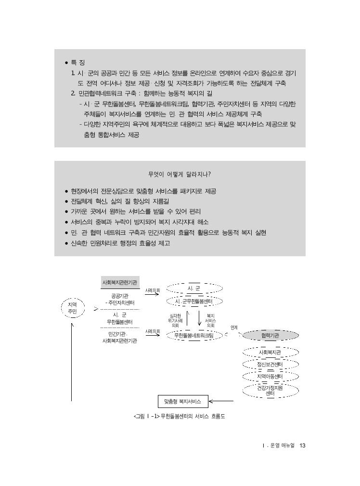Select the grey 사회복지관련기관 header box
[120, 282]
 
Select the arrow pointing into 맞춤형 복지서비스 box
[221, 401]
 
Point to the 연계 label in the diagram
[234, 328]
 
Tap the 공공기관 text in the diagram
[120, 296]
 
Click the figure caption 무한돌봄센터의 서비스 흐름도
[193, 416]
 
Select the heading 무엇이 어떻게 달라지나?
[180, 174]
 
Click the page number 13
[302, 446]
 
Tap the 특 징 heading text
[78, 63]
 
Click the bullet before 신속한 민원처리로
[66, 244]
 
